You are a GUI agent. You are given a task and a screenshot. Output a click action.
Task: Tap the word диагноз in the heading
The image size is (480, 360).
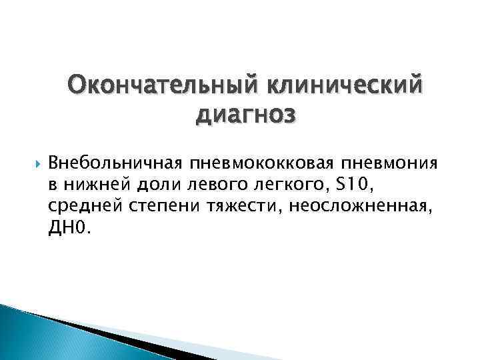click(245, 115)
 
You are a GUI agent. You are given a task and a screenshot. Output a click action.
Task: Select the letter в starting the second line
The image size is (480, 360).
click(53, 185)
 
